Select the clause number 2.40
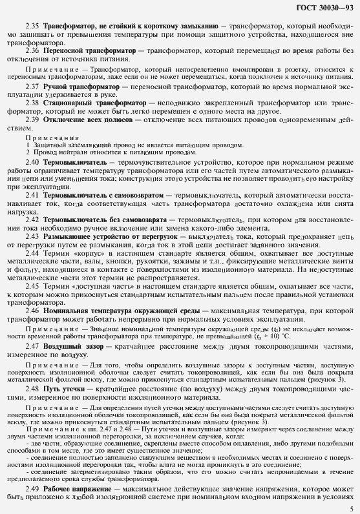[x=32, y=161]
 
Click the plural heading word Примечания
[x=45, y=137]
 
